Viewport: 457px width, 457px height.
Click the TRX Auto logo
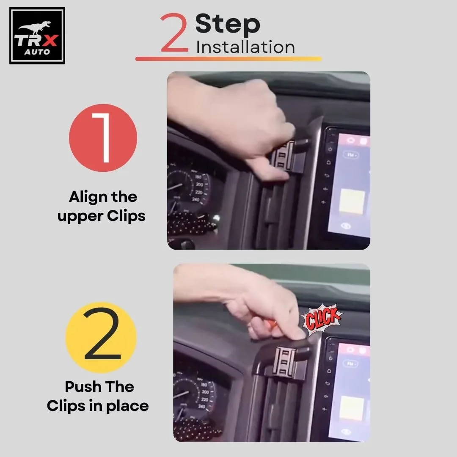pyautogui.click(x=37, y=36)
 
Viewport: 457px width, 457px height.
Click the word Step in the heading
pyautogui.click(x=228, y=25)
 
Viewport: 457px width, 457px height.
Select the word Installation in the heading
pyautogui.click(x=245, y=47)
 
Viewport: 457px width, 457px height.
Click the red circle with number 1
pyautogui.click(x=103, y=138)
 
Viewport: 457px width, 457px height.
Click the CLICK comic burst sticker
pyautogui.click(x=322, y=318)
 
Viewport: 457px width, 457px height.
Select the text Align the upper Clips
pyautogui.click(x=102, y=206)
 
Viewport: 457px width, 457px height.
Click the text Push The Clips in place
pyautogui.click(x=98, y=396)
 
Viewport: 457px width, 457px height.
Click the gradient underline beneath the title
pyautogui.click(x=228, y=59)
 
